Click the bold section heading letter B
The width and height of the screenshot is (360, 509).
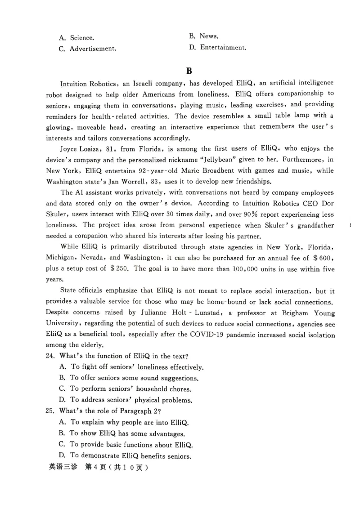point(189,71)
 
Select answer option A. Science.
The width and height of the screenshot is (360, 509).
point(76,38)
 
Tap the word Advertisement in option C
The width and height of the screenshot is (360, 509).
point(93,49)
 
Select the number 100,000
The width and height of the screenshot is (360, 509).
point(244,269)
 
